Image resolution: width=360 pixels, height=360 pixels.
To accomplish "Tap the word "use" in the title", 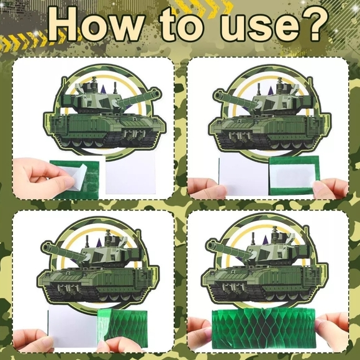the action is pyautogui.click(x=260, y=27).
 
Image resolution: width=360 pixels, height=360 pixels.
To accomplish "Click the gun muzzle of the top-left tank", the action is pyautogui.click(x=156, y=94).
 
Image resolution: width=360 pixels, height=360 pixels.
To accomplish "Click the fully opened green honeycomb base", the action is pyautogui.click(x=264, y=327).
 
